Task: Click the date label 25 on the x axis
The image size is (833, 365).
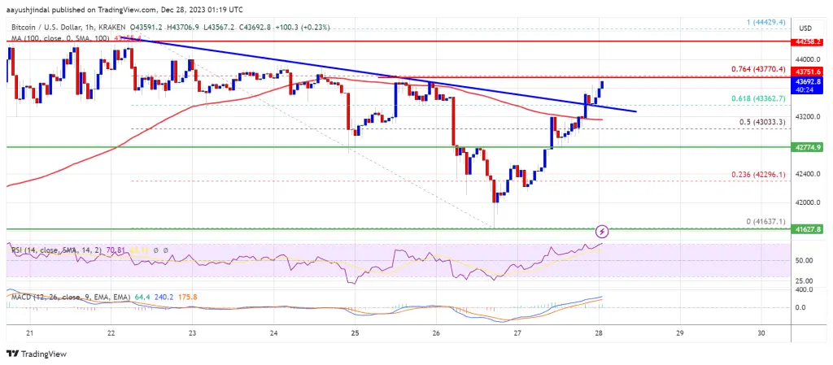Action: point(355,333)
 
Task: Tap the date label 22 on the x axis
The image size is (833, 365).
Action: point(111,333)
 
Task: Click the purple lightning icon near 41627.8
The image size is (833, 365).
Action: point(602,232)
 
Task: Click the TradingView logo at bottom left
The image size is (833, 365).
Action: point(36,354)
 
